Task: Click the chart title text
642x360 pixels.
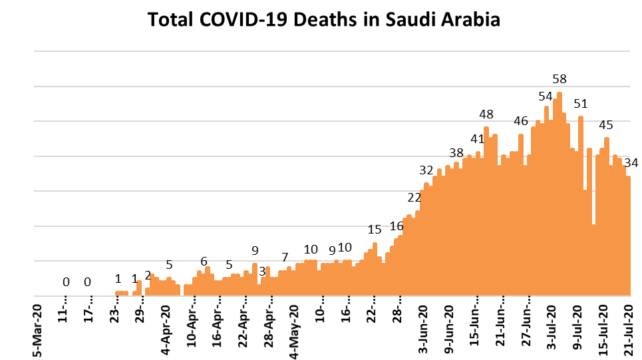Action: [x=323, y=20]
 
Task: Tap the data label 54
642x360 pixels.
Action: [x=546, y=96]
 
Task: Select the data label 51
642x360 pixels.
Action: [x=581, y=104]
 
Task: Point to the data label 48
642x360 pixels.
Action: [x=486, y=114]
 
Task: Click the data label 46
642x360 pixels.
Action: [x=521, y=121]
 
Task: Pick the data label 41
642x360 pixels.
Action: [x=478, y=139]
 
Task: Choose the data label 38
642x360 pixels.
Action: [x=456, y=152]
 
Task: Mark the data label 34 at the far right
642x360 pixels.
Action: [x=631, y=163]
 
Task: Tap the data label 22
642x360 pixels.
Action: [x=414, y=197]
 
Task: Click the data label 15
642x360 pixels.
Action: [x=375, y=230]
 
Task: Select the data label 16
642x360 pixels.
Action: [x=397, y=226]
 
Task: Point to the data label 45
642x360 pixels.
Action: [x=606, y=125]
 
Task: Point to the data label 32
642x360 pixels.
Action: [x=426, y=169]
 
